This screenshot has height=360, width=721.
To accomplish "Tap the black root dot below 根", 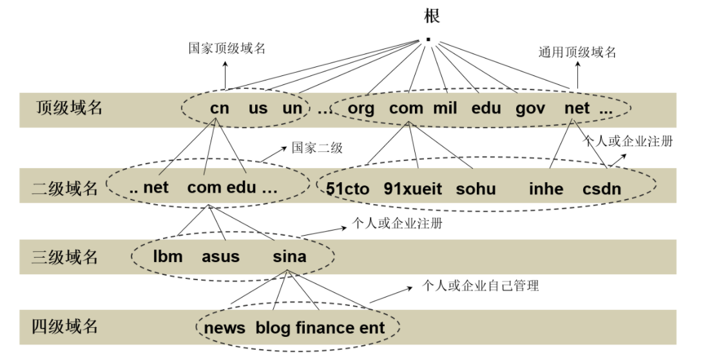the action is click(x=428, y=39).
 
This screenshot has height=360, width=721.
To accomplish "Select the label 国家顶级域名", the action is click(x=226, y=48).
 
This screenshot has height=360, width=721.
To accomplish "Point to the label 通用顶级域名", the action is click(x=577, y=52).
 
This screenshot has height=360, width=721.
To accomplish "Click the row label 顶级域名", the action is click(x=69, y=108).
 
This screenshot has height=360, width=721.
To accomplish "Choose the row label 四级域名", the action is click(x=64, y=326).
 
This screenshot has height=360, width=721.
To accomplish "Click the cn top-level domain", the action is click(x=220, y=108).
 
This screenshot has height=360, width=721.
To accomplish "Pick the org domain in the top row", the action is click(x=361, y=108).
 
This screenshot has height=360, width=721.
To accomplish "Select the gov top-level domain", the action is click(x=530, y=108).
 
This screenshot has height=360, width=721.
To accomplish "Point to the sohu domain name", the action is click(x=476, y=189).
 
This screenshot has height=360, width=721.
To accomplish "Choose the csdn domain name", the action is click(x=602, y=189).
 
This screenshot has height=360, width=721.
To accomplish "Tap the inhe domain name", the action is click(x=546, y=189).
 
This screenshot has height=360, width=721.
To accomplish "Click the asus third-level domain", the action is click(x=220, y=256).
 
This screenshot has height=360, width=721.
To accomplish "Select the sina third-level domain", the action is click(x=289, y=256).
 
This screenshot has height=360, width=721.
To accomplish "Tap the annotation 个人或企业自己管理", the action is click(x=480, y=285).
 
